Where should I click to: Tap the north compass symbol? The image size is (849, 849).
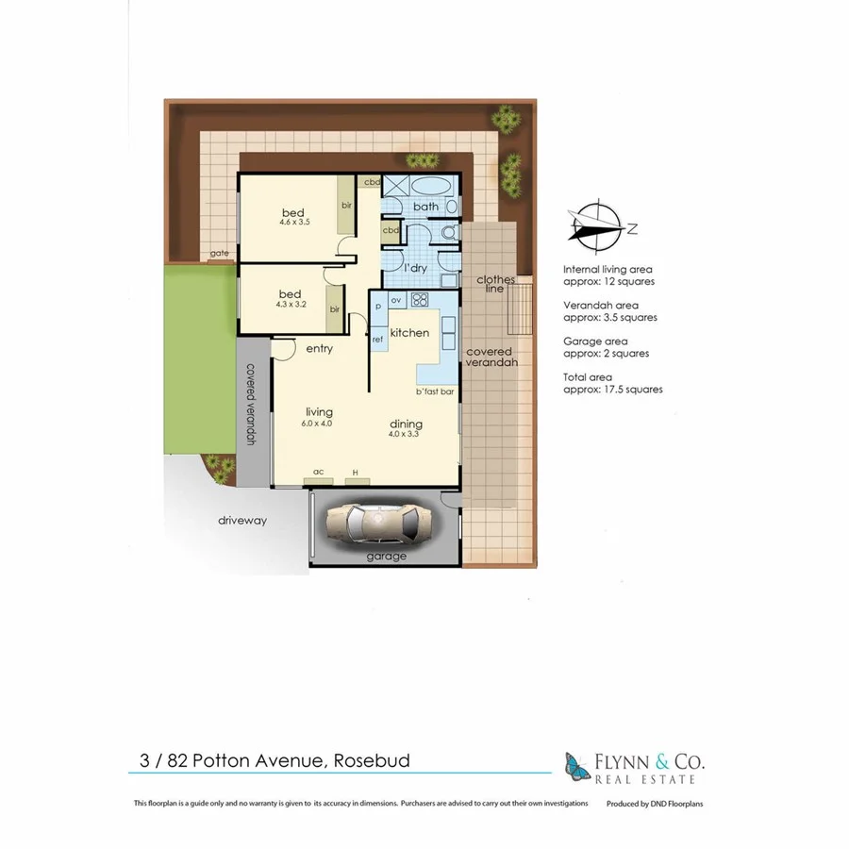595,227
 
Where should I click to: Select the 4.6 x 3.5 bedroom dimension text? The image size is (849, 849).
295,222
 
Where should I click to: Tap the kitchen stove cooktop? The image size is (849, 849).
420,302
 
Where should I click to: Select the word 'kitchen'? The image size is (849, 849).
409,333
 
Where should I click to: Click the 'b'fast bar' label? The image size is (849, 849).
435,391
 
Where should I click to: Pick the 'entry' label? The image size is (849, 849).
320,349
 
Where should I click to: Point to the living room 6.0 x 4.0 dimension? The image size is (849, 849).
318,424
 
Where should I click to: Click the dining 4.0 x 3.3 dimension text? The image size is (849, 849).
405,435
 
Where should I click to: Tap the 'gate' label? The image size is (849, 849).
219,254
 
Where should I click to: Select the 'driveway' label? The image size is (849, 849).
243,520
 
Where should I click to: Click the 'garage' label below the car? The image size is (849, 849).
387,557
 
